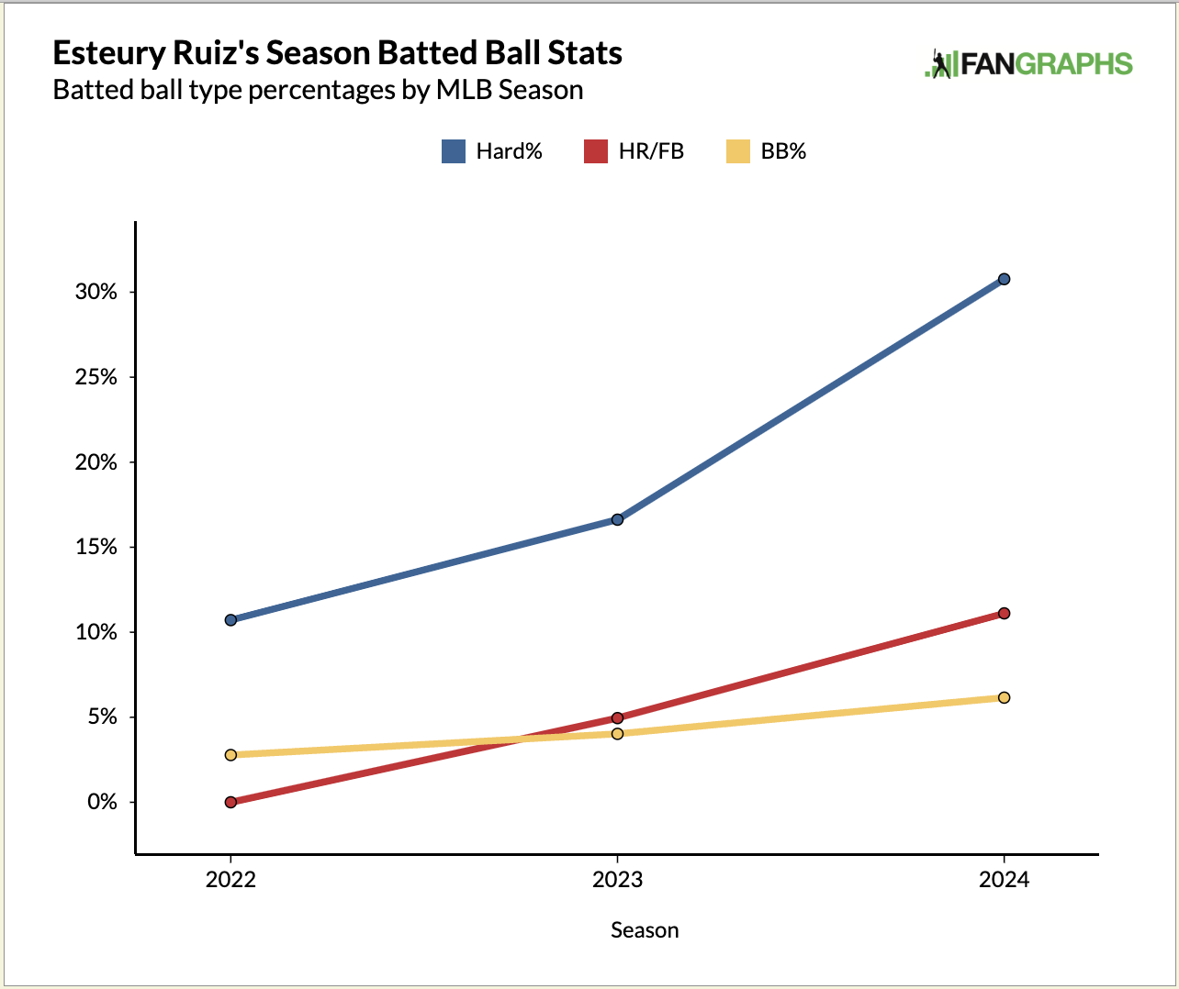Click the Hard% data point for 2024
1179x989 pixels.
pos(1004,279)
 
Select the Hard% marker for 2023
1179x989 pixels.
pos(617,519)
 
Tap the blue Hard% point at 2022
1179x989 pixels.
pos(230,620)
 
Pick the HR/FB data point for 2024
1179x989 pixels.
pos(1004,613)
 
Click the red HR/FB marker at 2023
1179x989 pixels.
pos(617,717)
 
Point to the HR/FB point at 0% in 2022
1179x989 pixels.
pos(230,802)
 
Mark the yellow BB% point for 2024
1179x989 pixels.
pos(1004,697)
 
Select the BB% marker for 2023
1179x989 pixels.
pos(617,733)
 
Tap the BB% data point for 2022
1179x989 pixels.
pos(230,755)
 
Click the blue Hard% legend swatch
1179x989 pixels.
pos(454,151)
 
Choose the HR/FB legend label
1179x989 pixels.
pos(651,151)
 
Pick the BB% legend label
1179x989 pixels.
pos(783,151)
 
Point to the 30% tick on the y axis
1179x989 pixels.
pos(96,292)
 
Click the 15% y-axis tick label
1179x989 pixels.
pos(96,547)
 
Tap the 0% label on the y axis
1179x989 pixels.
pos(102,802)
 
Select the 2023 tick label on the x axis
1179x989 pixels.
pos(617,880)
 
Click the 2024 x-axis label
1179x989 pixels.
pos(1004,880)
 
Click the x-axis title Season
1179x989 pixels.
pos(645,930)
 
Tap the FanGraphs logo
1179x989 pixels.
pos(1028,63)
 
